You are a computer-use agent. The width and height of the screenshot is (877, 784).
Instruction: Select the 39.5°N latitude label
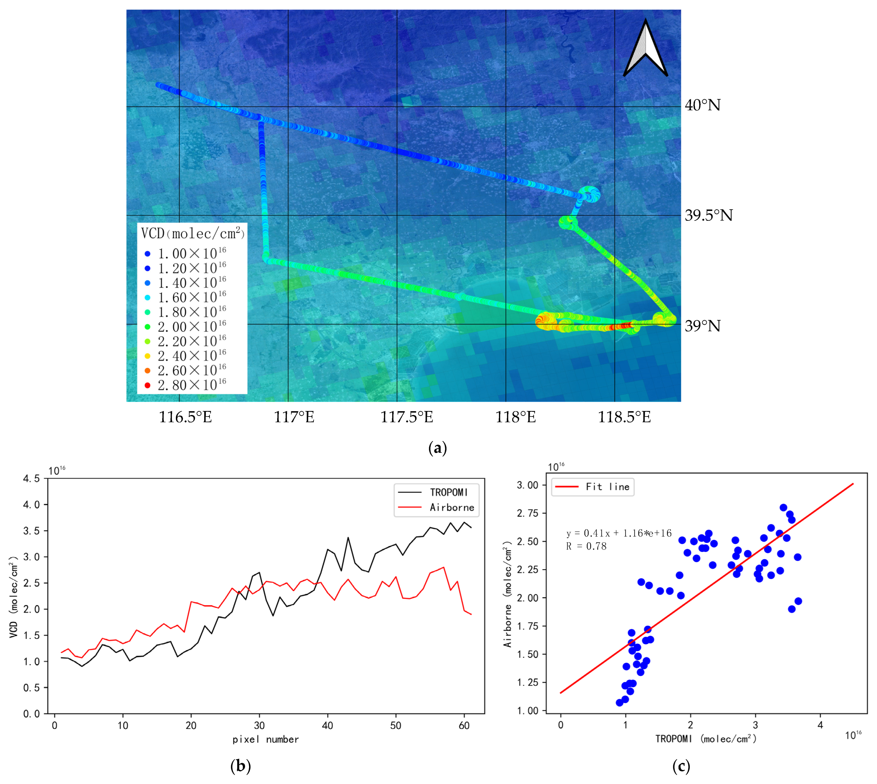pyautogui.click(x=709, y=215)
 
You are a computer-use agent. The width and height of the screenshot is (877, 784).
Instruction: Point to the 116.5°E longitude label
pyautogui.click(x=185, y=417)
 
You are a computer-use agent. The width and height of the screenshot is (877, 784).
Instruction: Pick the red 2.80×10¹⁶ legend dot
pyautogui.click(x=147, y=385)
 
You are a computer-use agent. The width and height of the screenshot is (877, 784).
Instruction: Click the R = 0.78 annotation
pyautogui.click(x=586, y=546)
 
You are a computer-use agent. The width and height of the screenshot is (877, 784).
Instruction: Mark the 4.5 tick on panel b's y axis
pyautogui.click(x=31, y=479)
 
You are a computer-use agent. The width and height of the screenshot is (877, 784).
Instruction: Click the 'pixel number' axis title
pyautogui.click(x=266, y=740)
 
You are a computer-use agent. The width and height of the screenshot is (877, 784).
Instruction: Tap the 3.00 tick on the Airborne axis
pyautogui.click(x=527, y=485)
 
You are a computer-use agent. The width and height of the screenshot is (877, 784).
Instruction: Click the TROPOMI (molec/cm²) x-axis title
pyautogui.click(x=706, y=739)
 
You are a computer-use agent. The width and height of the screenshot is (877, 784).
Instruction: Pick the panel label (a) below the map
pyautogui.click(x=438, y=448)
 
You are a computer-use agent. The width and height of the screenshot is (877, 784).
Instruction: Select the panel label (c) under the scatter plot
pyautogui.click(x=681, y=766)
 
